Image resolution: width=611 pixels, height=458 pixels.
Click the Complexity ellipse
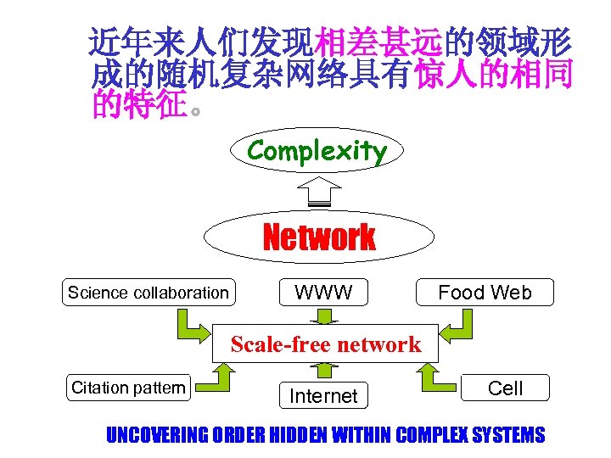tap(317, 152)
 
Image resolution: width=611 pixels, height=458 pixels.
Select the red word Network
tap(319, 237)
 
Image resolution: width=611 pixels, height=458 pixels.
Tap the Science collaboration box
tap(149, 293)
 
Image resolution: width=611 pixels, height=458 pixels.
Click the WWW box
tap(323, 293)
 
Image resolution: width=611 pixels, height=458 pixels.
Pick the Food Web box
tap(485, 293)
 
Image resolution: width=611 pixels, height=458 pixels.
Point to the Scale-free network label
tap(325, 343)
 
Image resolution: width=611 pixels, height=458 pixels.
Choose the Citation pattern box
tap(128, 388)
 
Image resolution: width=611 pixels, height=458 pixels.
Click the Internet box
tap(323, 395)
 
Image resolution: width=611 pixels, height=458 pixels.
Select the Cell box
tap(505, 388)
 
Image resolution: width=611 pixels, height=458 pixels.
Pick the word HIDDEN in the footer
tap(296, 436)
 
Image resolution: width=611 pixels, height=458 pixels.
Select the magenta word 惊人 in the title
tap(446, 76)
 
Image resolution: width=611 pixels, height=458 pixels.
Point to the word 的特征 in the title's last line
tap(138, 108)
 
